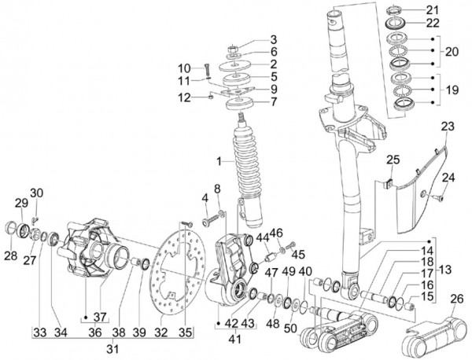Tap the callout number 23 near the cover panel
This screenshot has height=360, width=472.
tap(448, 126)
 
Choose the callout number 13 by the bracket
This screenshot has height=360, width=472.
tap(447, 270)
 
